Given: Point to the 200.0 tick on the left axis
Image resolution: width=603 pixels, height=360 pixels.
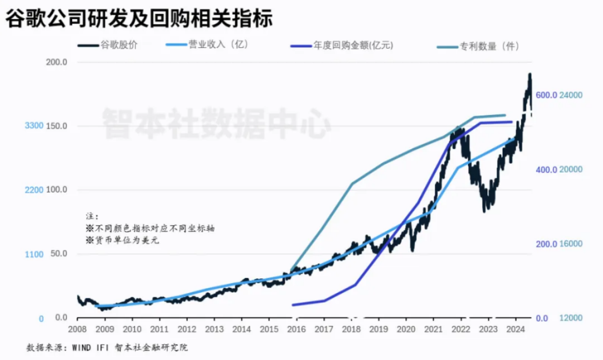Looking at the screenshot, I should pos(56,63).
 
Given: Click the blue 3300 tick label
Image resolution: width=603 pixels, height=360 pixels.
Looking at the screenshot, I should pos(34,126).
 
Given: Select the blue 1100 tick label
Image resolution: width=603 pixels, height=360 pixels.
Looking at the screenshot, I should pos(34,254).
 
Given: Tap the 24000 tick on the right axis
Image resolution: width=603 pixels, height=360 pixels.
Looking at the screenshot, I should pos(571,95).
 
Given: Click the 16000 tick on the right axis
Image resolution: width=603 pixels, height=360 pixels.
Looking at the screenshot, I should pos(571,244).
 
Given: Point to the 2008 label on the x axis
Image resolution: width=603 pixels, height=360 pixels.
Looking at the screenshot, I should pos(78,329).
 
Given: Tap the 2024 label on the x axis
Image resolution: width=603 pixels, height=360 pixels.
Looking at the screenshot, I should pos(516,329).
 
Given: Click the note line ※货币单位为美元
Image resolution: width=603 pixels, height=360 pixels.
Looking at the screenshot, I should pos(118,241).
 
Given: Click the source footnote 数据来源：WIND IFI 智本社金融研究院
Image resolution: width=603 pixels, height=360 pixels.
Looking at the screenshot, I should pos(107,347).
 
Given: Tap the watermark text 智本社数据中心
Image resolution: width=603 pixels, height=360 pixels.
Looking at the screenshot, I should pos(216,123).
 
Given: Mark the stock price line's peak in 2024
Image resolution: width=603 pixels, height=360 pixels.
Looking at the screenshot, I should pos(529,74).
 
